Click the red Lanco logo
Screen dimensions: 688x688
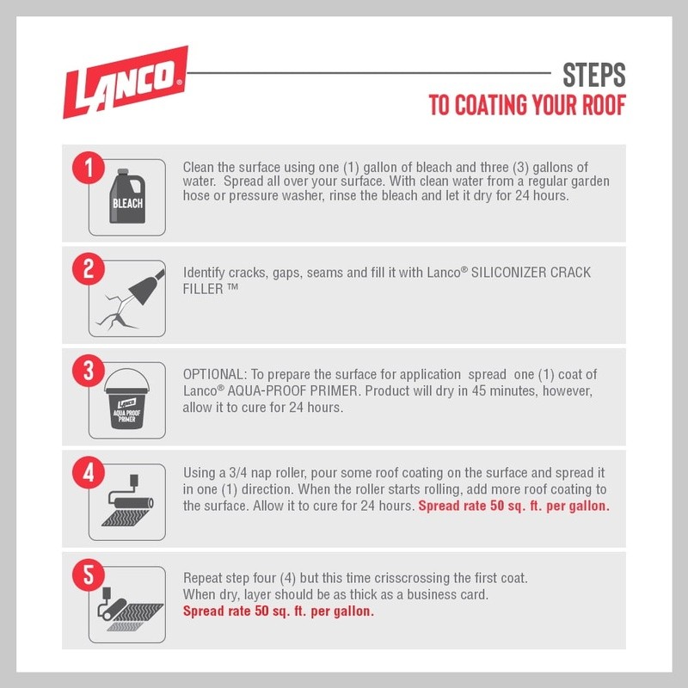coord(126,82)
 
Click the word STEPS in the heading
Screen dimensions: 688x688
coord(594,75)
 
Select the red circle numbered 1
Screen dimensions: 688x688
coord(89,168)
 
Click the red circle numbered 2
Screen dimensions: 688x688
coord(89,269)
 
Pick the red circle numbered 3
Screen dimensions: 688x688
coord(89,371)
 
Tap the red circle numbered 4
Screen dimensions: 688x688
coord(89,472)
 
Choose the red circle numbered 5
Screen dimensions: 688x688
coord(89,574)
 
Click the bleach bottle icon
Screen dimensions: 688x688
coord(127,196)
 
